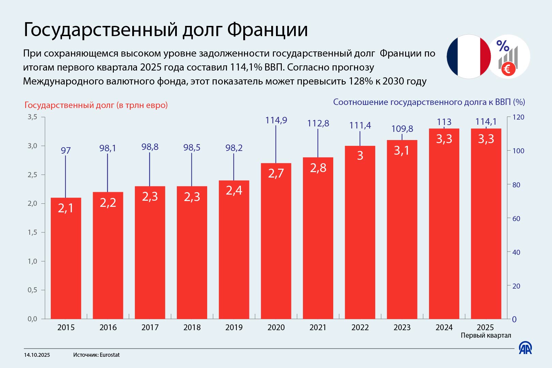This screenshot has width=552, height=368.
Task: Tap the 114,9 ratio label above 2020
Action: point(276,120)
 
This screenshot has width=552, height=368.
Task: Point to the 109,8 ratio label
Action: point(402,129)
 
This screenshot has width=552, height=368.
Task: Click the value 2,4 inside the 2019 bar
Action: point(234,190)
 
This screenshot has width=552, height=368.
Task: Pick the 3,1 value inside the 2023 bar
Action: point(402,150)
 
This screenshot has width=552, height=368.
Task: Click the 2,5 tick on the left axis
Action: point(32,175)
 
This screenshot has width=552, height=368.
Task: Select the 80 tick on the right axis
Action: point(516,185)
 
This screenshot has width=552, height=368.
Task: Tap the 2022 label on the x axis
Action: point(360,327)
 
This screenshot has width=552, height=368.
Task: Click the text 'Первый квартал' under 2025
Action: point(486,336)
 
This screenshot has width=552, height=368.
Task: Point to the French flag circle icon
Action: point(469,57)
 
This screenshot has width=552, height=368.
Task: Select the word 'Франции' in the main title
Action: point(267,30)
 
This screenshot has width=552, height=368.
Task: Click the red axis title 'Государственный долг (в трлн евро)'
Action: point(96,105)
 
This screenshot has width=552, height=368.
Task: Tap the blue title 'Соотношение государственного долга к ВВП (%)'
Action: point(429,102)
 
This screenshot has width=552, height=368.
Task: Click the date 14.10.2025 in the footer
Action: point(37,355)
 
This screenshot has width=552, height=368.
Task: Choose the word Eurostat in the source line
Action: point(110,355)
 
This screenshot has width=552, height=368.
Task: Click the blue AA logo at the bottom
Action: point(525,348)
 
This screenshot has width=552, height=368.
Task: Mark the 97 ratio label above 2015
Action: point(66,150)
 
